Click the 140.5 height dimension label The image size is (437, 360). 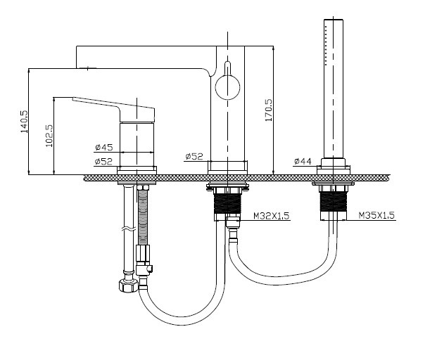click(24, 122)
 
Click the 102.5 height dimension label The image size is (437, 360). click(49, 136)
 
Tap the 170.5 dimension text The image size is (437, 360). click(269, 110)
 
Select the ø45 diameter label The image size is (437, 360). click(104, 147)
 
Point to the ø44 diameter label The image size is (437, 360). click(303, 161)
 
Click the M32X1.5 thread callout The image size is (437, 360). click(272, 215)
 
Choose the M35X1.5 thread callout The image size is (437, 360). click(376, 215)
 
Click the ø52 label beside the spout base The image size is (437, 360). click(194, 157)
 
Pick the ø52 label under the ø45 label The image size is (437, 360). click(103, 162)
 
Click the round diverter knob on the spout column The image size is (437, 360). click(227, 87)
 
